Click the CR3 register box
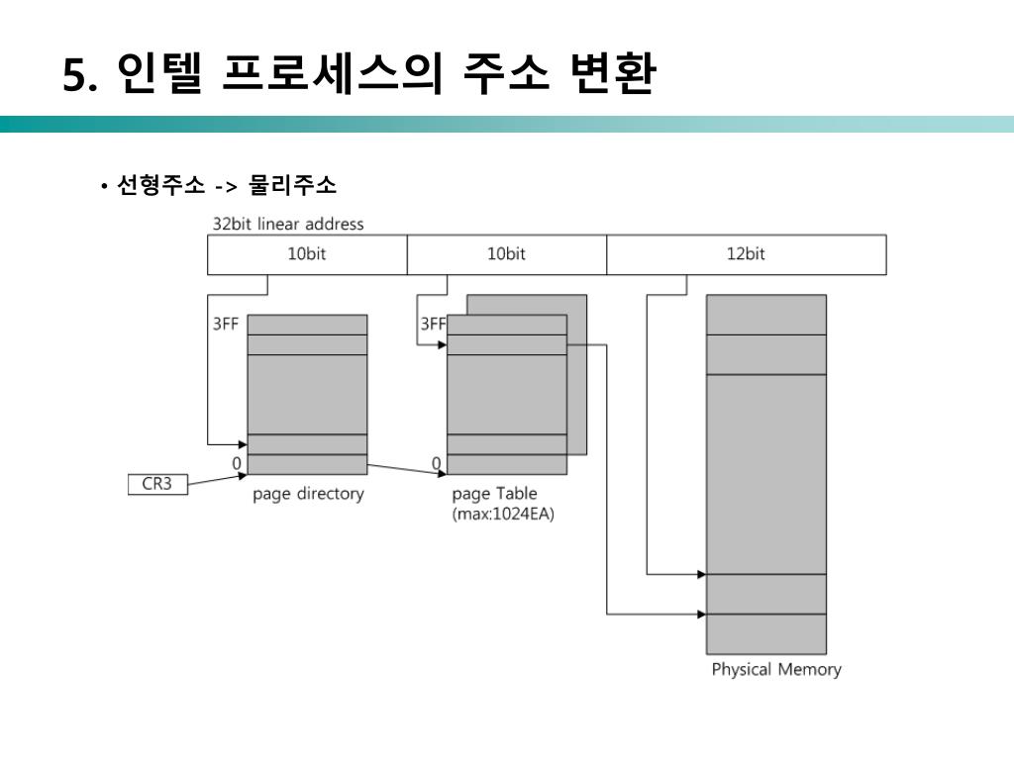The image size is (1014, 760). [157, 485]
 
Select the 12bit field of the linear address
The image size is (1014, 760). [746, 254]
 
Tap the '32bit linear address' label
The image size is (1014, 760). [288, 224]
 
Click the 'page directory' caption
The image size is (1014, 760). [308, 494]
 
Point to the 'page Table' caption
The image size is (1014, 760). [494, 494]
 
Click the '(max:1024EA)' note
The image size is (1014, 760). [503, 515]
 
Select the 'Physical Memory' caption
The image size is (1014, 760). [776, 669]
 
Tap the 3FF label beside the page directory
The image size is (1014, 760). [225, 324]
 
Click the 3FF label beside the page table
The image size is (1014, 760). [433, 324]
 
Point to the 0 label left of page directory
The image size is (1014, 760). [237, 463]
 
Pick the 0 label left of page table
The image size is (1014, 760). [436, 463]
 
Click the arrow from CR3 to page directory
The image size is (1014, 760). [217, 479]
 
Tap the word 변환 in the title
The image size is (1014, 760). [612, 75]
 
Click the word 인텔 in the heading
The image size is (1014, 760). [159, 75]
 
